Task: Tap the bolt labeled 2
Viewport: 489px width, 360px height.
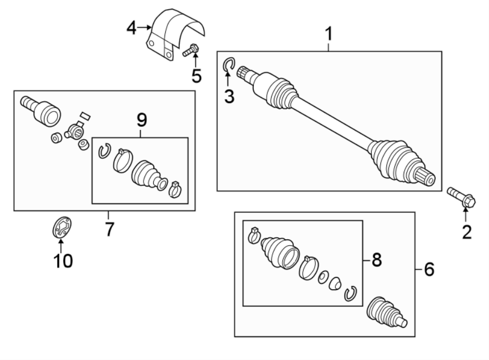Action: pyautogui.click(x=461, y=197)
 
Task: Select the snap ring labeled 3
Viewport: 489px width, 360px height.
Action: pyautogui.click(x=229, y=66)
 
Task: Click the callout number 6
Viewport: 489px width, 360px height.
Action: pyautogui.click(x=429, y=269)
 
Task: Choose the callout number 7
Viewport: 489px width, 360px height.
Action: pyautogui.click(x=109, y=229)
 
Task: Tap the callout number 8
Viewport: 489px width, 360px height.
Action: pyautogui.click(x=376, y=260)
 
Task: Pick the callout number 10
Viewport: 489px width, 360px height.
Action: pyautogui.click(x=62, y=260)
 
